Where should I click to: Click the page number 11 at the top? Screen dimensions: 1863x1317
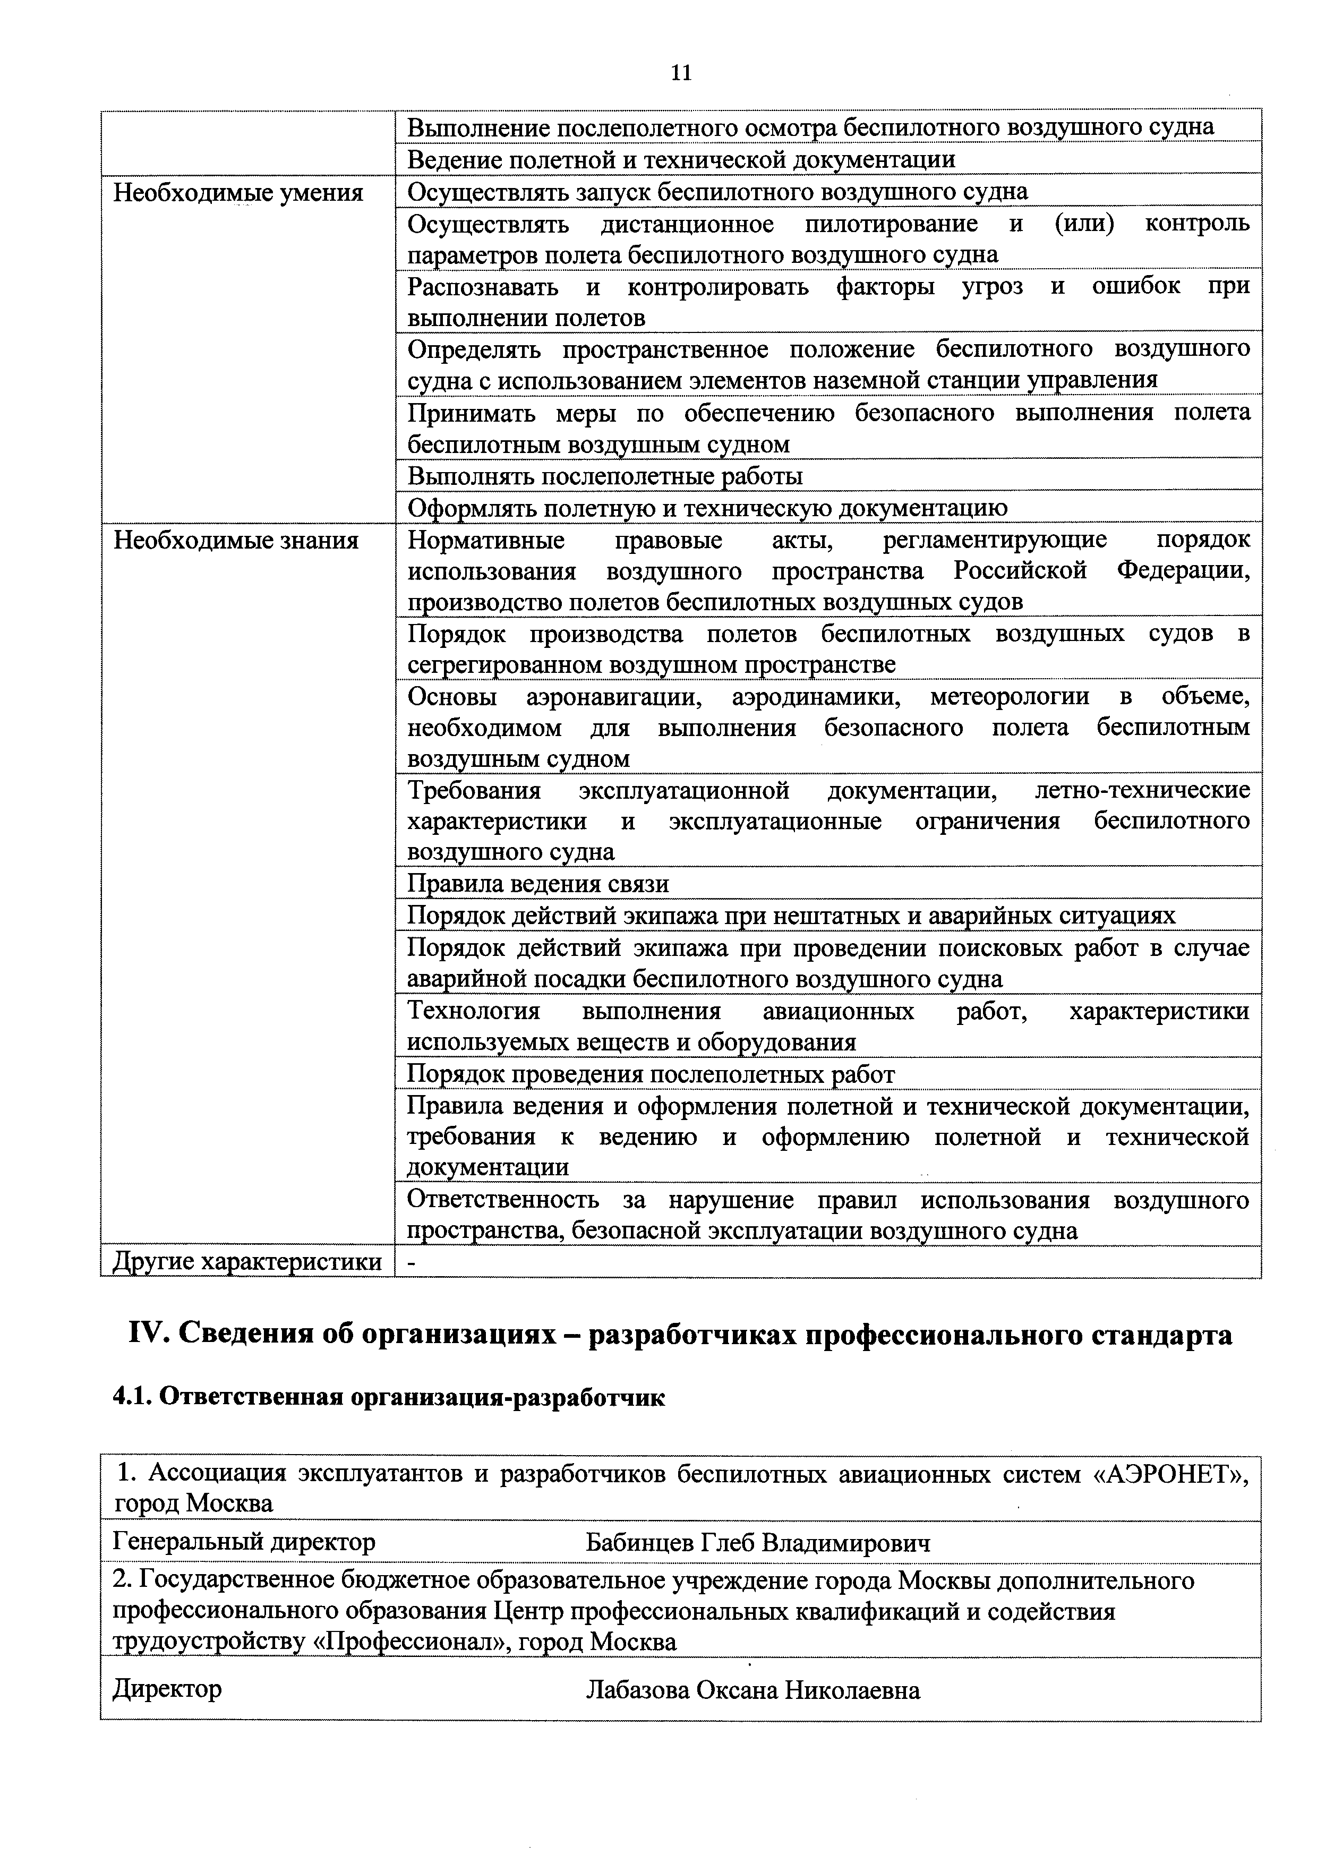tap(682, 74)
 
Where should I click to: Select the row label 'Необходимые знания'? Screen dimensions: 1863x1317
tap(235, 541)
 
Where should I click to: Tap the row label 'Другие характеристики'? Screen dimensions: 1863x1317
tap(247, 1262)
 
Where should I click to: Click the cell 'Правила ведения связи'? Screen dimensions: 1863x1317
tap(537, 884)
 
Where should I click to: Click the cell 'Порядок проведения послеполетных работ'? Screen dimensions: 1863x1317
tap(650, 1074)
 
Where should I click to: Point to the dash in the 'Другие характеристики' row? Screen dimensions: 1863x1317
tap(412, 1262)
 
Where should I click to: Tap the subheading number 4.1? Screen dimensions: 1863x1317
tap(130, 1398)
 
